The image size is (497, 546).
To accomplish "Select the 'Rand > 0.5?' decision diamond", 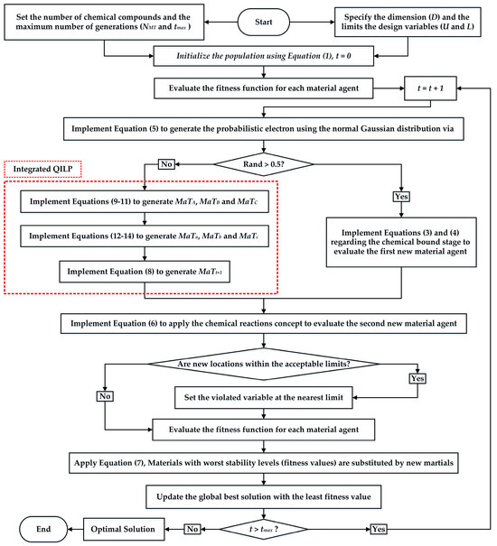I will pos(262,163).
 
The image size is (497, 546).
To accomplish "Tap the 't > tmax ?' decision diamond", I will pos(262,527).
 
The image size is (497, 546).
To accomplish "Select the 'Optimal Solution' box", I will pos(122,527).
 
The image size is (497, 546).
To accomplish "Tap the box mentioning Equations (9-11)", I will pos(145,199).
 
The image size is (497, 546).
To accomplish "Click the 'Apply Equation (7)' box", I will pos(262,460).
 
